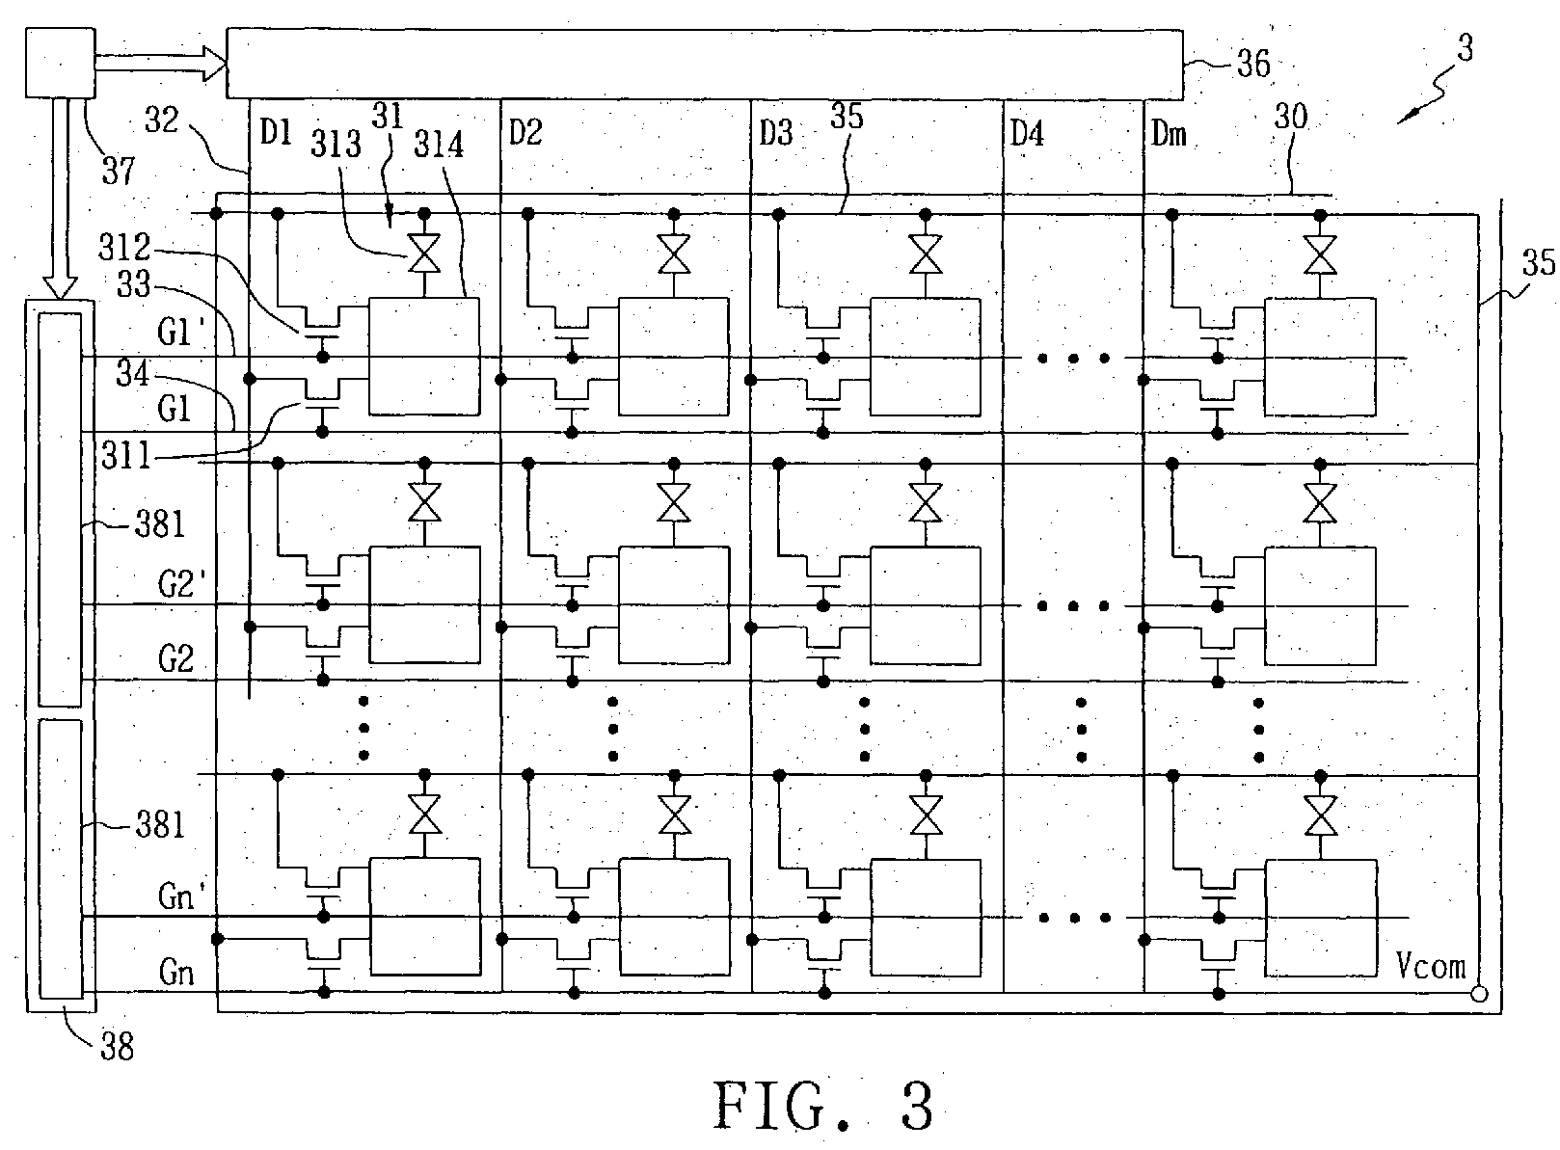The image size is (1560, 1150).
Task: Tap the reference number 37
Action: point(120,172)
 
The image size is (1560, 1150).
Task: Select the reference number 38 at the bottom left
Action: point(117,1046)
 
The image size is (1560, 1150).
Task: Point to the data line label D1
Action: point(276,133)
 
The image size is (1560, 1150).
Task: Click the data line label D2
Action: point(525,133)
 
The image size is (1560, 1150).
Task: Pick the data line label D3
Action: point(775,133)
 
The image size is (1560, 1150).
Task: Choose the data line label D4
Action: point(1027,133)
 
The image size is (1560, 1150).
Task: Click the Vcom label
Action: point(1432,965)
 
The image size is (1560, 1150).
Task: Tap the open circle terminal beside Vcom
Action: point(1478,994)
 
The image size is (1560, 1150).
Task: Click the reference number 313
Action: point(336,145)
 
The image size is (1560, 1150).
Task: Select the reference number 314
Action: point(439,145)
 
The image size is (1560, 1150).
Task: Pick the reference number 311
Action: point(127,454)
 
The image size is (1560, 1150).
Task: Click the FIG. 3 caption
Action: point(823,1107)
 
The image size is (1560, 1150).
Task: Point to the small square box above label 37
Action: point(61,63)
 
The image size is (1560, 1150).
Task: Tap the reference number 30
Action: point(1291,118)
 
